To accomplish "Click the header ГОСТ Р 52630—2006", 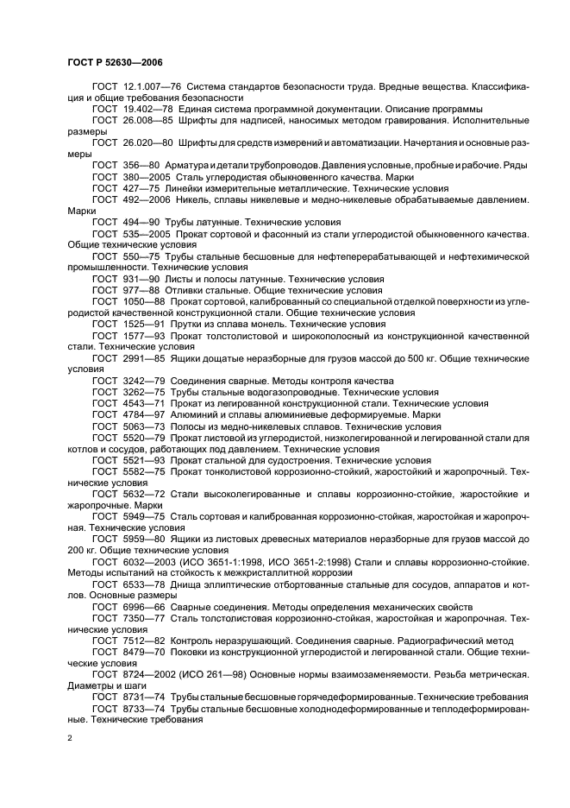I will pyautogui.click(x=115, y=63).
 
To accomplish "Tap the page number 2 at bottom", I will pyautogui.click(x=70, y=739).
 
